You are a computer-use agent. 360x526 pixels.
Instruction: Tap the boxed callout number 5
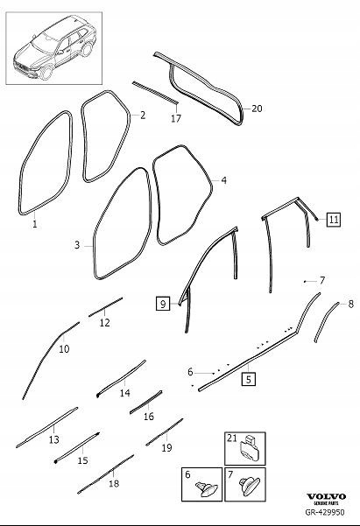point(249,379)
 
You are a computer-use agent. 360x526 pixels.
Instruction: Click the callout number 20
point(257,109)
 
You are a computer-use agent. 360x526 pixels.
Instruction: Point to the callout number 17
point(175,117)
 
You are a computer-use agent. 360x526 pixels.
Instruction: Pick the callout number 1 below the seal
point(35,224)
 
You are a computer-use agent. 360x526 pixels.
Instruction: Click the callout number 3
point(77,246)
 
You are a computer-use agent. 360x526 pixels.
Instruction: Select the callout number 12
point(104,323)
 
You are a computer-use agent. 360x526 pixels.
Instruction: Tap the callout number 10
point(63,348)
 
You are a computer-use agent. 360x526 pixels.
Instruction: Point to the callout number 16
point(148,416)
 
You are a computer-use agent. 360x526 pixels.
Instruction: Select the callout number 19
point(166,446)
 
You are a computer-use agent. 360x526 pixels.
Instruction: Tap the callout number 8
point(351,304)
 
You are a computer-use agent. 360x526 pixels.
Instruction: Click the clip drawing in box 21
point(253,448)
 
